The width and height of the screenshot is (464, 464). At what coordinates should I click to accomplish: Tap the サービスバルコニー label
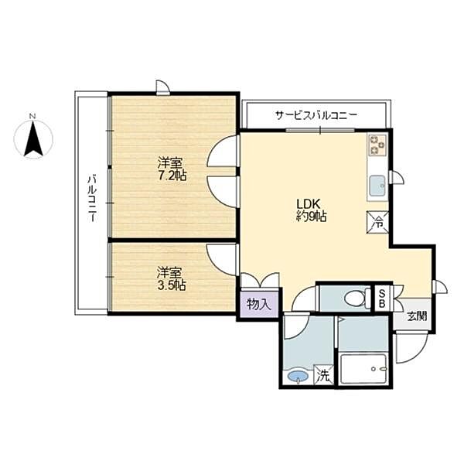316,114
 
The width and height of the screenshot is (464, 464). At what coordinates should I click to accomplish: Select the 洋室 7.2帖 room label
172,169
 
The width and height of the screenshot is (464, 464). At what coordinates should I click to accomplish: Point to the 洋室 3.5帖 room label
172,278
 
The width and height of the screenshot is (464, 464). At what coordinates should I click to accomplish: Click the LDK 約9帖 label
312,210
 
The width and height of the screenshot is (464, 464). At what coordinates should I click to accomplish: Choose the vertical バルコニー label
92,199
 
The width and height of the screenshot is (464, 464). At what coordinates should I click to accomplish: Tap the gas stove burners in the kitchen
377,145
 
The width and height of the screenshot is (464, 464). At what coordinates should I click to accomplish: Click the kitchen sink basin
377,186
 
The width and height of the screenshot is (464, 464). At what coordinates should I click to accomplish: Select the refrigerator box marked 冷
377,222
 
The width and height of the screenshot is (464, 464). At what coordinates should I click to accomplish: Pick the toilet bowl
357,298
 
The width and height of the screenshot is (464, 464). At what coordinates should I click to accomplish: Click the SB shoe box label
382,299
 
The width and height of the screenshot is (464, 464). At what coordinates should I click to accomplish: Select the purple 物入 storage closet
259,304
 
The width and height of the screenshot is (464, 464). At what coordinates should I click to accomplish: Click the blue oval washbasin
298,377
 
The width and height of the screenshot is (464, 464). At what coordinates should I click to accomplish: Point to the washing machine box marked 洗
324,375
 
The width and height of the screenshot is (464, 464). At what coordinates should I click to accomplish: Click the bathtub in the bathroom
363,368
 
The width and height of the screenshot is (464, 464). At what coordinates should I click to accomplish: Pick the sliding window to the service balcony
320,130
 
